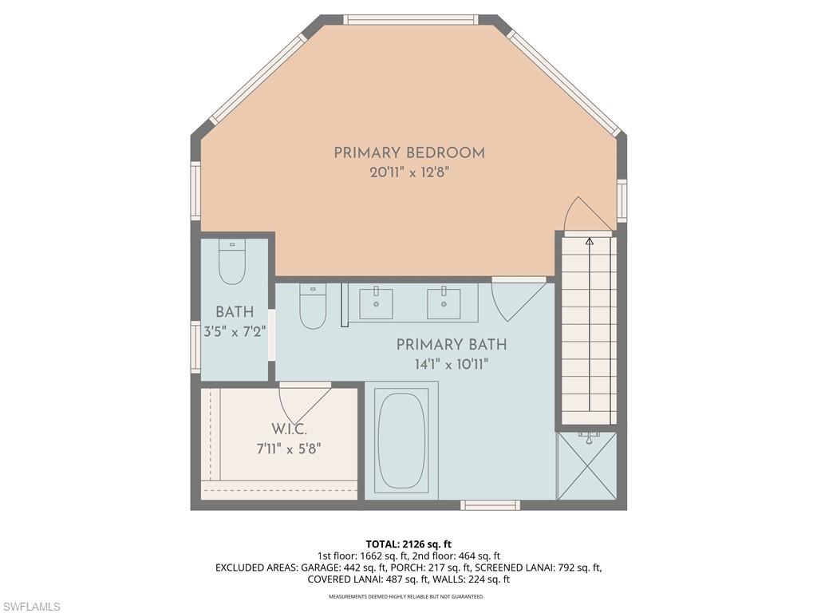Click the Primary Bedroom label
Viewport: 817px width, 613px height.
coord(409,152)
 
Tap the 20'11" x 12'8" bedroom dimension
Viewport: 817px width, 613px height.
coord(409,172)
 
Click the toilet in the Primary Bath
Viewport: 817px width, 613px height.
coord(313,306)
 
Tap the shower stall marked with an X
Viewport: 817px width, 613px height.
coord(587,465)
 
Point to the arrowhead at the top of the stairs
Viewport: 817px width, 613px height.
coord(590,241)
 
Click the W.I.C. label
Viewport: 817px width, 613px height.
coord(289,429)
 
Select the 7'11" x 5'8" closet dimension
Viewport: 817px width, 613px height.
coord(288,449)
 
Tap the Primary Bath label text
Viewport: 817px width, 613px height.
coord(452,345)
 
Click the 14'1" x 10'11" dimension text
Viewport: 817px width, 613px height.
coord(452,364)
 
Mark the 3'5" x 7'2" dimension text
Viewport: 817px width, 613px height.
coord(235,331)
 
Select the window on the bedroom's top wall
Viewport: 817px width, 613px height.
coord(411,19)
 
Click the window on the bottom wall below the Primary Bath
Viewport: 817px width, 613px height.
coord(491,504)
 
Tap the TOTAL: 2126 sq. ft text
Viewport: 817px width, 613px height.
coord(408,544)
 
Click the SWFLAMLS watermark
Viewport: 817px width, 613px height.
coord(31,607)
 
